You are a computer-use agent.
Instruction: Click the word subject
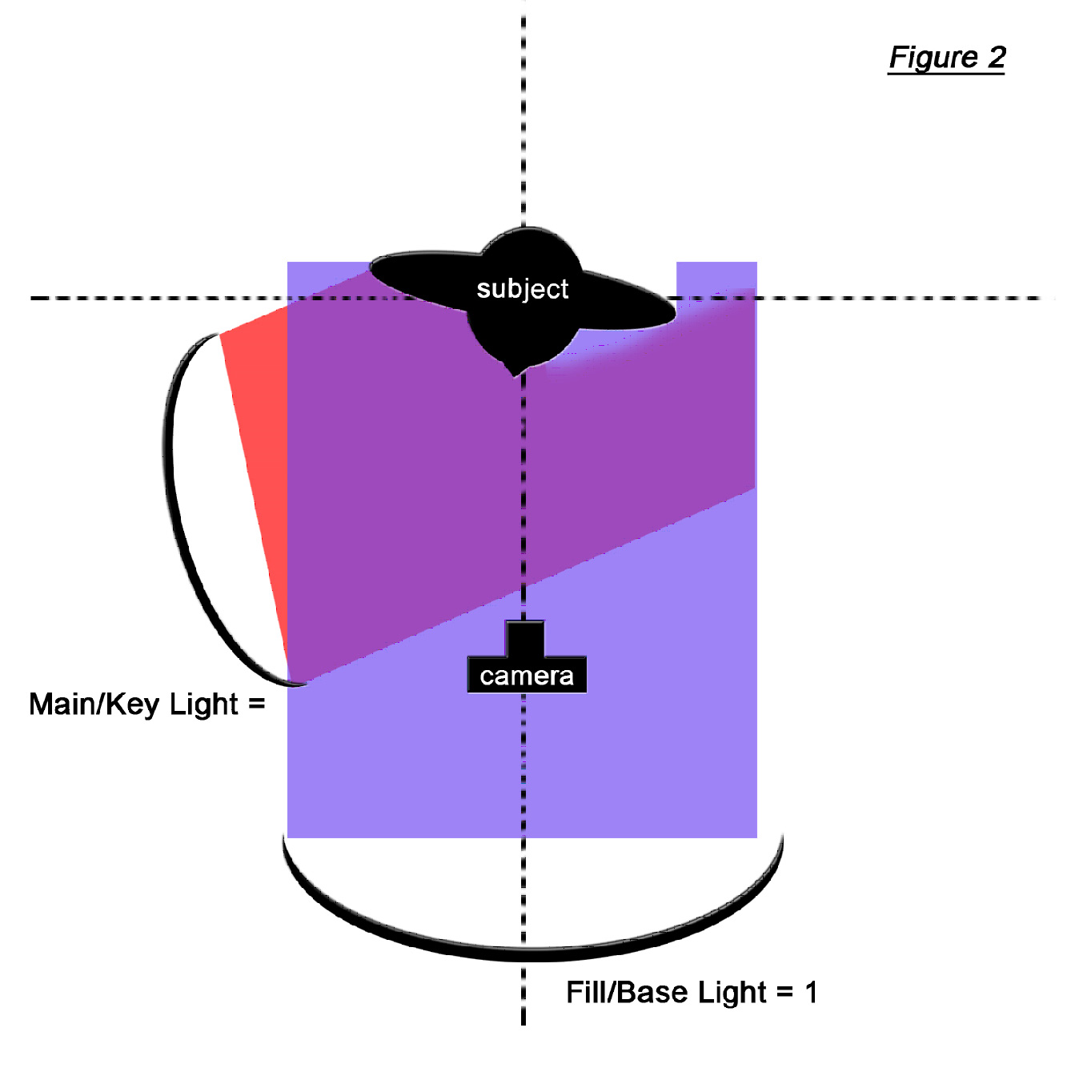click(522, 288)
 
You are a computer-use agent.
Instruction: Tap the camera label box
click(527, 676)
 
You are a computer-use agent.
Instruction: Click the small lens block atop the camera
click(524, 639)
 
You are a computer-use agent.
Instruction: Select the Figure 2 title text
click(946, 58)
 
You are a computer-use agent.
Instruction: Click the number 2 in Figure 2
click(996, 58)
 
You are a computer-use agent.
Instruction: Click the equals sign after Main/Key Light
click(256, 705)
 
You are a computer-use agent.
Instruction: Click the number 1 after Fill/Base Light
click(811, 993)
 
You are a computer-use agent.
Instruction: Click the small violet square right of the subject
click(716, 276)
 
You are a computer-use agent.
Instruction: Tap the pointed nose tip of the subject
click(517, 371)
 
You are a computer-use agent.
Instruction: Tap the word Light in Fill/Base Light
click(732, 993)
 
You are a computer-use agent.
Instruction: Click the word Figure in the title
click(933, 58)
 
